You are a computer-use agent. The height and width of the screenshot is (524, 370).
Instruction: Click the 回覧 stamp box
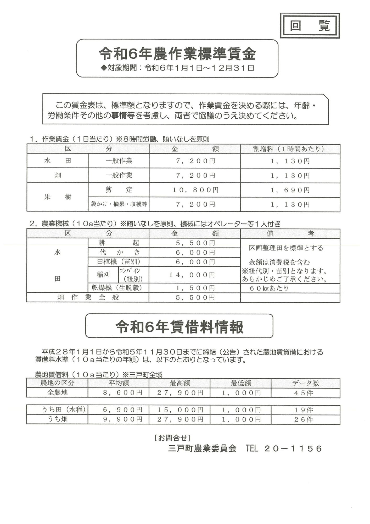click(310, 26)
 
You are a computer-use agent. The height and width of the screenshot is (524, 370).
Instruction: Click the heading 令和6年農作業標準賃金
click(177, 54)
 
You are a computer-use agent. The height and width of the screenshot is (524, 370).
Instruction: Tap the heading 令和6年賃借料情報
click(179, 327)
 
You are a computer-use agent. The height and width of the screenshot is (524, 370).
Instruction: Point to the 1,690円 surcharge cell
click(290, 190)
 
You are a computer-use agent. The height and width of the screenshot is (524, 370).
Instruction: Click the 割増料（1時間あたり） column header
click(290, 149)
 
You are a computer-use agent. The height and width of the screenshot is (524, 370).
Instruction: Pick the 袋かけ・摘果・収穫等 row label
click(119, 204)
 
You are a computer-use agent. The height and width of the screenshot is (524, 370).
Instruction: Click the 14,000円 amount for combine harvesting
click(192, 275)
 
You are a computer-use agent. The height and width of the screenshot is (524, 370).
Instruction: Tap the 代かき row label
click(119, 252)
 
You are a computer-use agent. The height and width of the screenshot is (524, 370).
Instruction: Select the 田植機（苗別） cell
click(119, 261)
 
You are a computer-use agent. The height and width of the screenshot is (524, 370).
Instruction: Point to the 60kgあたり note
click(269, 288)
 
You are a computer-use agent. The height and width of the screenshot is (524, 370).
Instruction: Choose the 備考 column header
click(290, 233)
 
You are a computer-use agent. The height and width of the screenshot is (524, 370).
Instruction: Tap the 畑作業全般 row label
click(88, 297)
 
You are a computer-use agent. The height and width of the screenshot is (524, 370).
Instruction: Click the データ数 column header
click(305, 383)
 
